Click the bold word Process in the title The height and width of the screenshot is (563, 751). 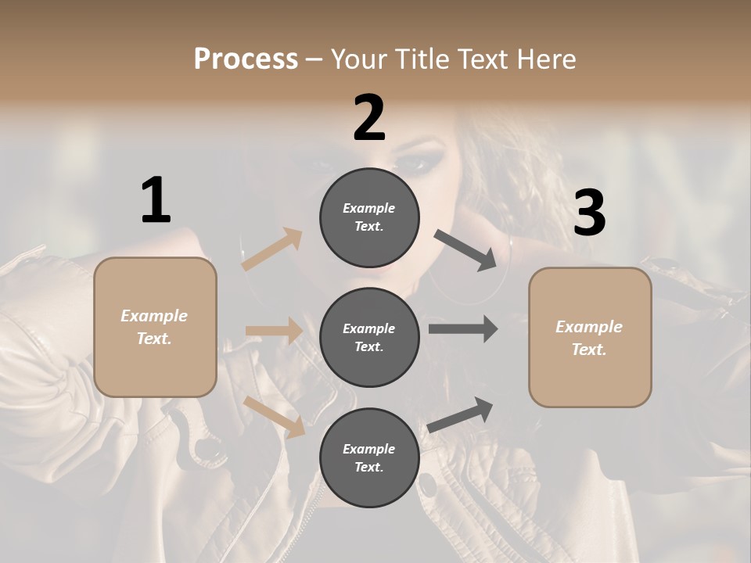point(246,59)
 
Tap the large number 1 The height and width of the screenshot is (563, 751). point(156,201)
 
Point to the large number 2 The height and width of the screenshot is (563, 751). point(369,118)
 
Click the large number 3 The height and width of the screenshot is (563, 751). point(589,213)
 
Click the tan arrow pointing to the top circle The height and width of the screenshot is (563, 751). point(272,249)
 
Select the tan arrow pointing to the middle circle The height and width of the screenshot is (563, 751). point(274,331)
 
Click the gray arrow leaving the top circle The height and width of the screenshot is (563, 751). point(465,250)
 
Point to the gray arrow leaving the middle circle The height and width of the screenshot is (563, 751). point(463,328)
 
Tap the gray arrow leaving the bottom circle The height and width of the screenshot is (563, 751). point(461,414)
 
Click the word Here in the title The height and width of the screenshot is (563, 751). point(545,59)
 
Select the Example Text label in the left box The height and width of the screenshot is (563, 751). point(154,327)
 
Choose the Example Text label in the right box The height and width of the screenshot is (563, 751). point(589,338)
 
